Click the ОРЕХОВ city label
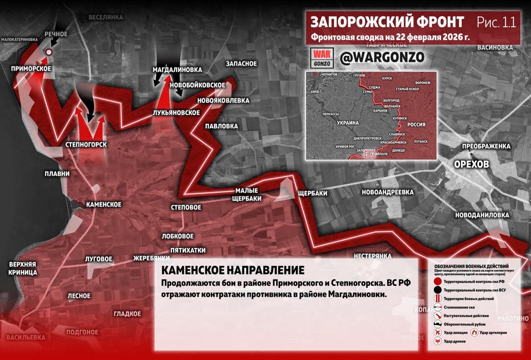click(471, 164)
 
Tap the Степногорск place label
click(86, 144)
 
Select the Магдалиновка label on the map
click(177, 69)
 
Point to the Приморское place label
click(31, 68)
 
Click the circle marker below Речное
click(49, 52)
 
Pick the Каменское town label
click(103, 204)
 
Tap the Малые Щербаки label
click(248, 194)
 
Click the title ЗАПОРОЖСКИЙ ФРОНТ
click(387, 22)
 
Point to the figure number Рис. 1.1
click(496, 22)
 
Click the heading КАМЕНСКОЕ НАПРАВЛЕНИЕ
click(232, 270)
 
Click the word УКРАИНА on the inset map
click(348, 123)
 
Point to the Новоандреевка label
click(387, 192)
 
